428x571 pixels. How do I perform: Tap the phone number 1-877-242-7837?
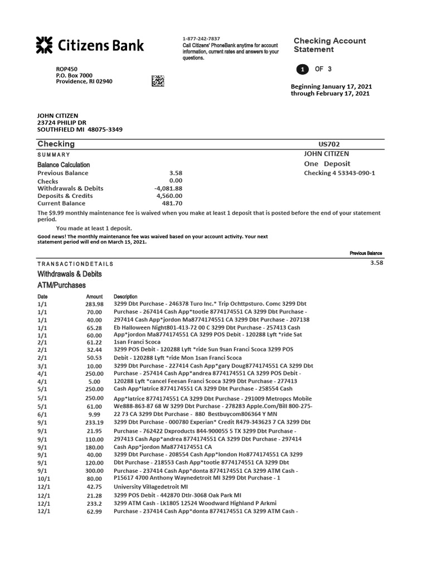pos(201,38)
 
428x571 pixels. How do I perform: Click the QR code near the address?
pos(158,80)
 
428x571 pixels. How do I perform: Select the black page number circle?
pos(301,70)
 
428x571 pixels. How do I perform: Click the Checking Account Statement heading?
pos(329,45)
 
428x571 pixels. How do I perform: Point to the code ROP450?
pos(66,69)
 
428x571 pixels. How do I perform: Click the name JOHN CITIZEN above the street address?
pos(57,115)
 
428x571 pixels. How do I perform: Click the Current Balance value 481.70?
pos(172,204)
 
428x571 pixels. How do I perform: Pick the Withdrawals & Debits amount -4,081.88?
pos(168,188)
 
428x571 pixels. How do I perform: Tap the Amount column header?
pos(95,297)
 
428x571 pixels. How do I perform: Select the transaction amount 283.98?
pos(94,304)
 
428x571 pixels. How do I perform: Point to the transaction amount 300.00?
pos(94,471)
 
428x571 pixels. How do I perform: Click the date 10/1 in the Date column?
pos(43,478)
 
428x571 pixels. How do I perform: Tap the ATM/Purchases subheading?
pos(61,285)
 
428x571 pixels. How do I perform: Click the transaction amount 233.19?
pos(94,423)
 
